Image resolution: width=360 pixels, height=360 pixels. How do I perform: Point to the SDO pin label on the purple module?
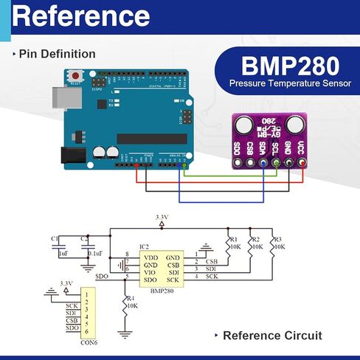tap(236, 147)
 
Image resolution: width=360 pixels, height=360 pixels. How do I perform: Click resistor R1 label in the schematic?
tap(233, 240)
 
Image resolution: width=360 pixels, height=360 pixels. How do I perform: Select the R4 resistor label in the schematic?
tap(132, 298)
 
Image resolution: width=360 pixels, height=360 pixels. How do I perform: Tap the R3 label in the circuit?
tap(277, 240)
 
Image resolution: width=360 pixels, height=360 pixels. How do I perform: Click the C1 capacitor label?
tap(54, 239)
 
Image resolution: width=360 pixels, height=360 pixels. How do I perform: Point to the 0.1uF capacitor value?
tap(94, 253)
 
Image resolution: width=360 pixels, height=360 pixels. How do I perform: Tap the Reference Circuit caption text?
tap(272, 336)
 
